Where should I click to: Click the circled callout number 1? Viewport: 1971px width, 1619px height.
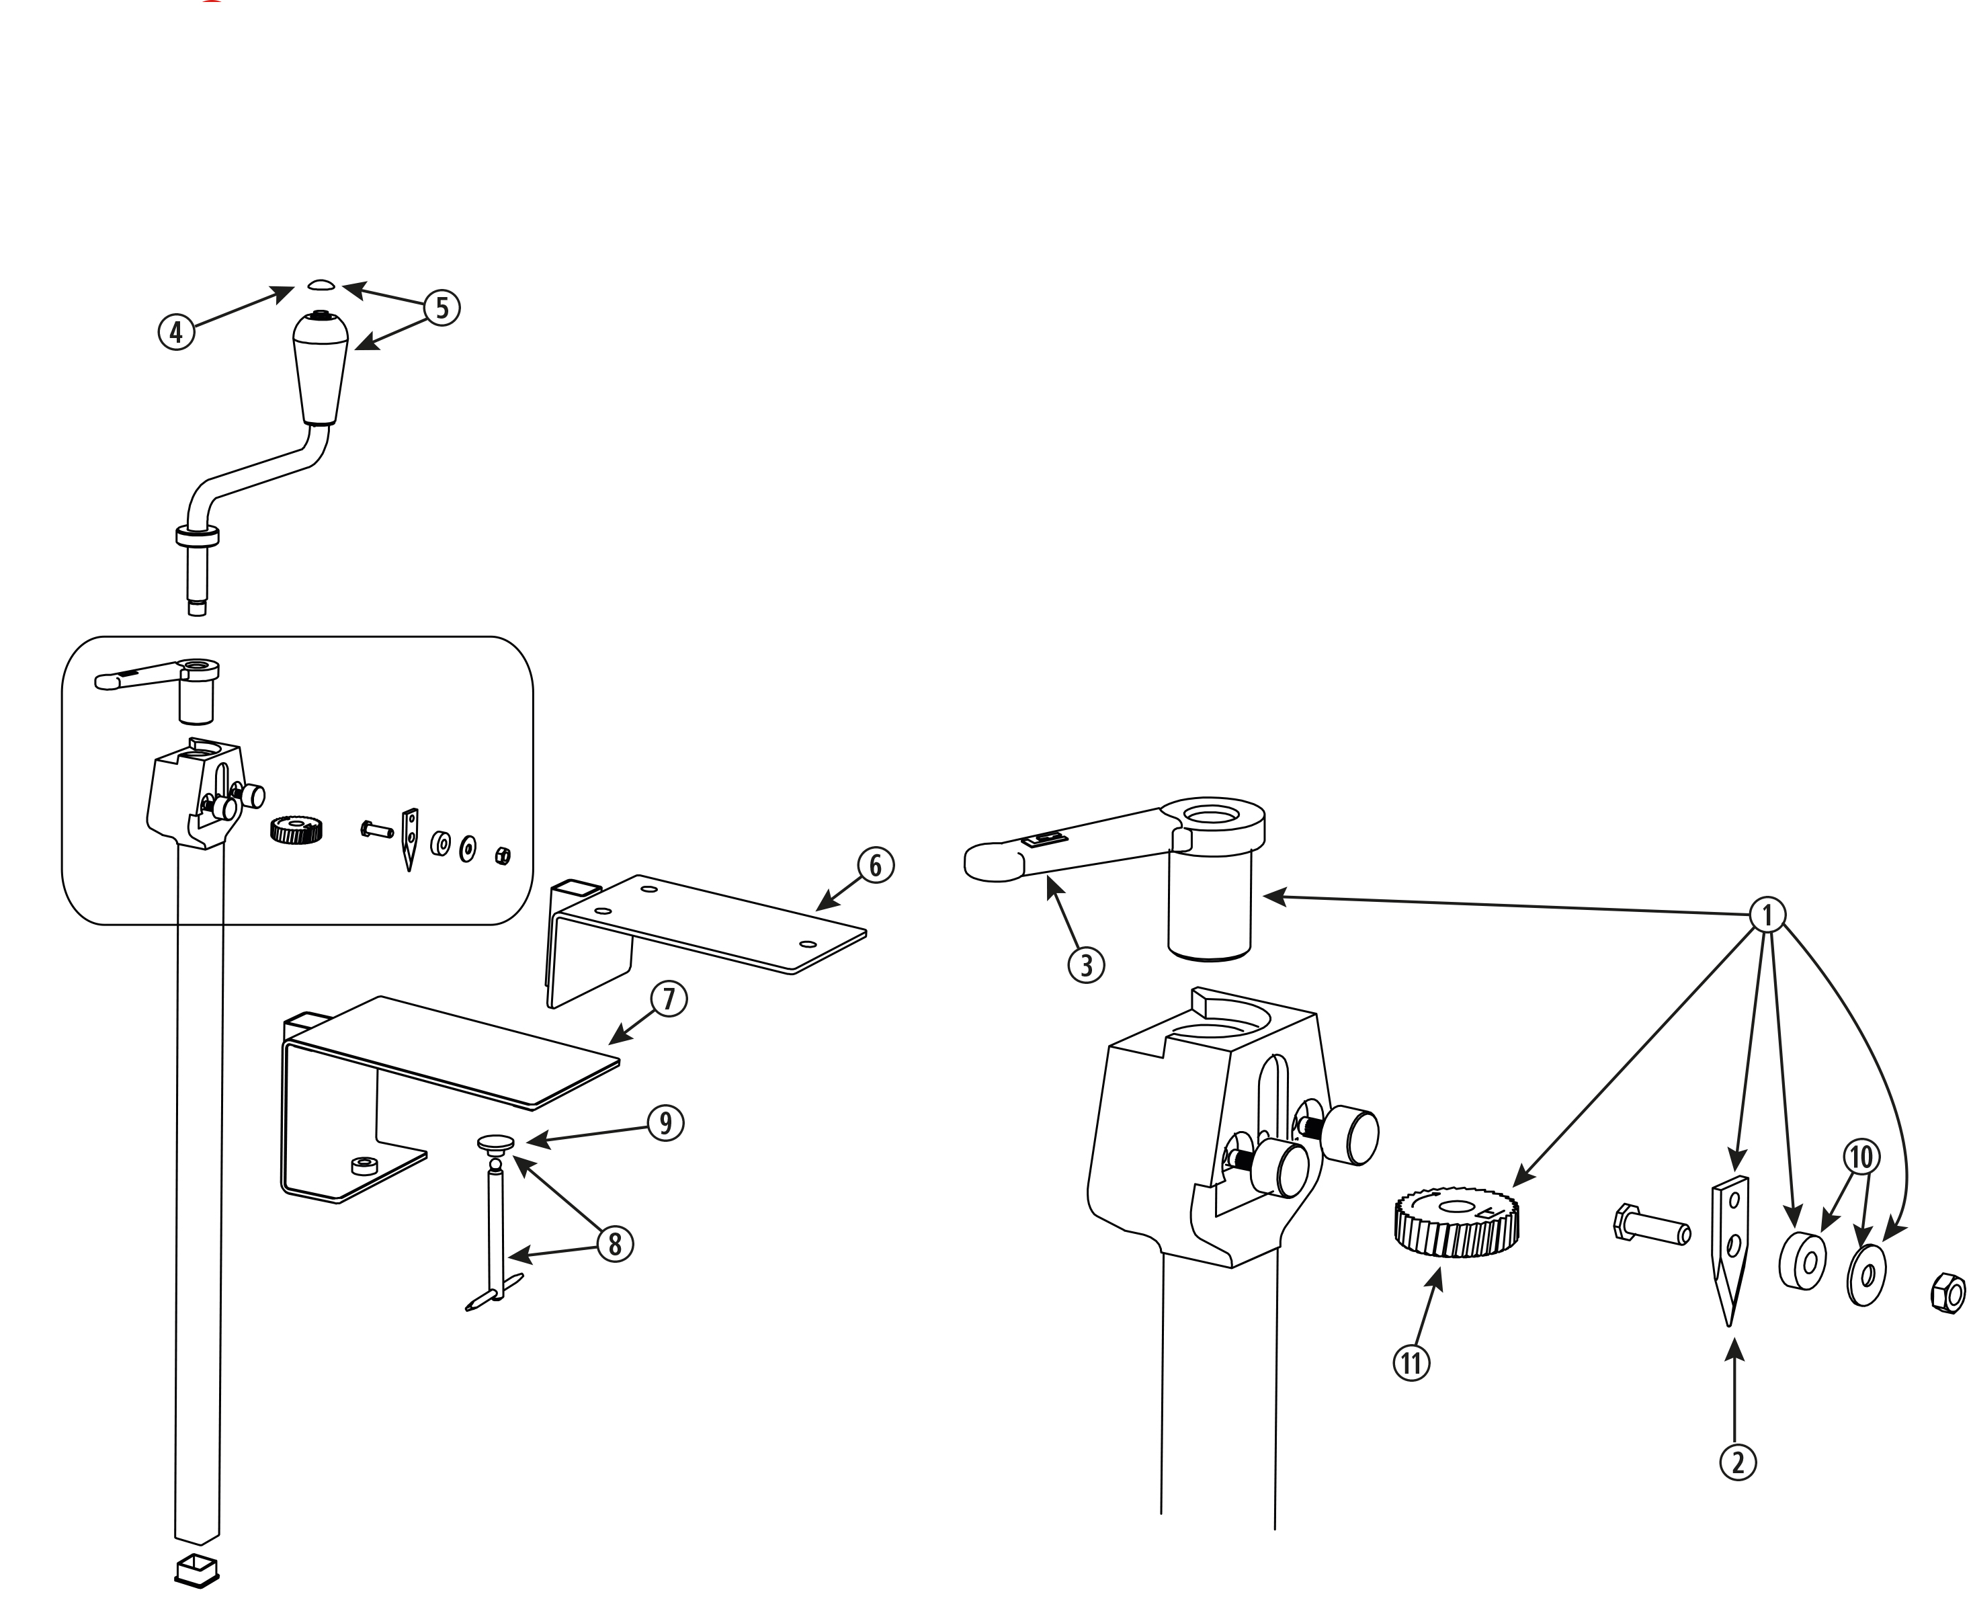pos(1767,915)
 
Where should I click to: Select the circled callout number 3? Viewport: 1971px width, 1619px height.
pos(1086,965)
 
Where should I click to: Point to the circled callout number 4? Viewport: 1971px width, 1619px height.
pos(176,331)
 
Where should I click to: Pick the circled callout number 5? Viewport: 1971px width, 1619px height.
pos(442,308)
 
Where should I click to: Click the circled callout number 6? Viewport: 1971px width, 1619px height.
pos(874,866)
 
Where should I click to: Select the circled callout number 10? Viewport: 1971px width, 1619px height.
pos(1860,1158)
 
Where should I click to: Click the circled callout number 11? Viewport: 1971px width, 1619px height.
pos(1412,1364)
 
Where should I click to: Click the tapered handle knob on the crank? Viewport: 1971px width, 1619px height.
pos(321,368)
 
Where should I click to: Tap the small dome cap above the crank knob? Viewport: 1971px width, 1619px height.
pos(320,284)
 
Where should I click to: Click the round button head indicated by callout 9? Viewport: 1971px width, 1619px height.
pos(495,1142)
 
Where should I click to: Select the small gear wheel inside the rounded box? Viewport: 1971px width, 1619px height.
pos(296,829)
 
